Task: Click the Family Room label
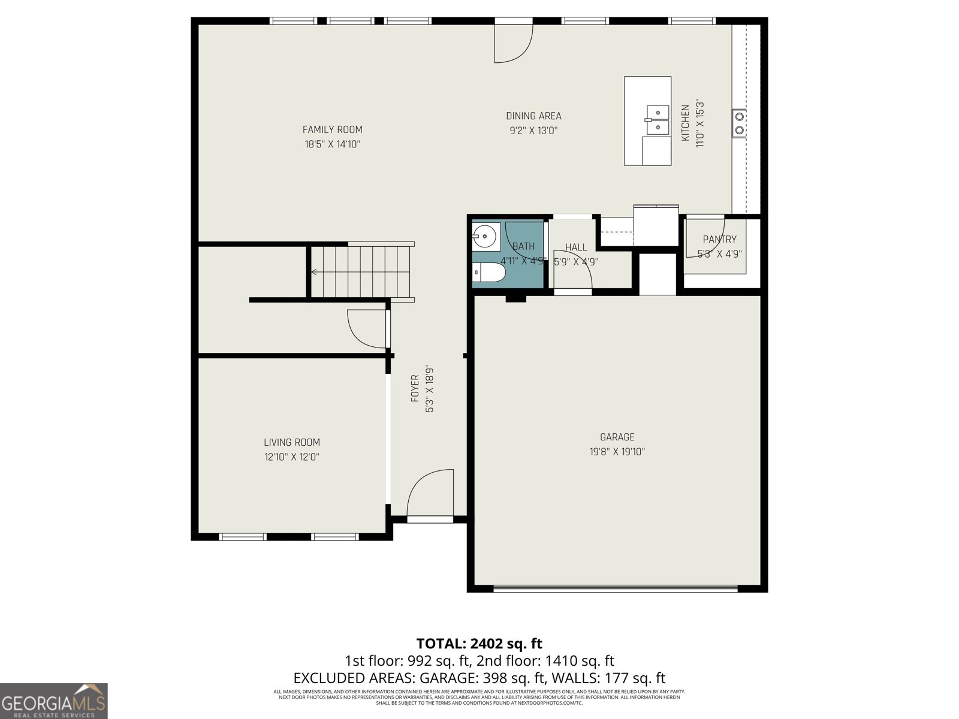coord(332,129)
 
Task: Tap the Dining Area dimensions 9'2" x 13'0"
coord(533,131)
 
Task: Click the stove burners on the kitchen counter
coord(740,123)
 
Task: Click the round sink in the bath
coord(486,237)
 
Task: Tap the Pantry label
coord(719,239)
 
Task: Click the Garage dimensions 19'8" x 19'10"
coord(617,452)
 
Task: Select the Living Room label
coord(292,442)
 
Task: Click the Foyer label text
coord(415,388)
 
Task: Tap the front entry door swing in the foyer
coord(430,493)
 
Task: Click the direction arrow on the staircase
coord(314,272)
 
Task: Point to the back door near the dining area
coord(513,42)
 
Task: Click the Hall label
coord(576,247)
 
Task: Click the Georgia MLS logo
coord(53,700)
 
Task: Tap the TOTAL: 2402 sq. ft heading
coord(479,644)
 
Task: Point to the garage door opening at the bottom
coord(616,589)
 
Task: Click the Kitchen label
coord(685,123)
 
